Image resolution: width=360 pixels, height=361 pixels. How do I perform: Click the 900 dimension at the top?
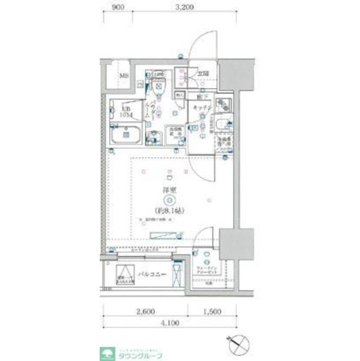[118, 7]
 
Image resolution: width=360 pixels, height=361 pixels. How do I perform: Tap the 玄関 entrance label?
[203, 74]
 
